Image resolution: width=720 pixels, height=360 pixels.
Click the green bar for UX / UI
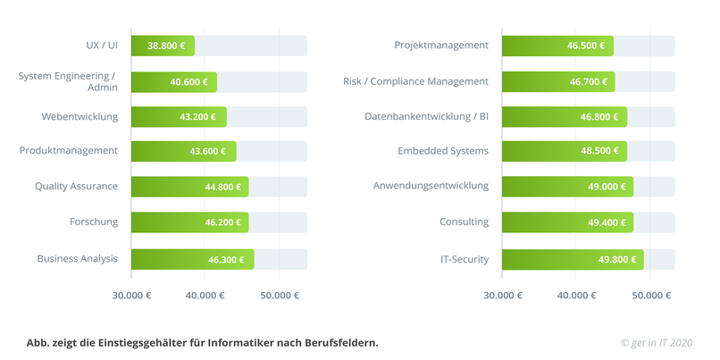162,46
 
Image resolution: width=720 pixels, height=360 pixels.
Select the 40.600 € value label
188,82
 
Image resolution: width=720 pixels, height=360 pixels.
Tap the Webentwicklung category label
80,116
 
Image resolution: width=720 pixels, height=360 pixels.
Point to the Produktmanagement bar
183,151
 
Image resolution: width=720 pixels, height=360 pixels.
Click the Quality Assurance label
76,186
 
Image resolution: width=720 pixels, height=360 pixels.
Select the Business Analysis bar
192,259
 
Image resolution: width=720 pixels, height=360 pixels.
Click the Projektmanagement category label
441,45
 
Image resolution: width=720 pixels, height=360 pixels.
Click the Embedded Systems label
443,151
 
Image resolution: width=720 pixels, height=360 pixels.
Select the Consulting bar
567,222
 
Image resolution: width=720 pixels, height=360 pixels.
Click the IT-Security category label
464,259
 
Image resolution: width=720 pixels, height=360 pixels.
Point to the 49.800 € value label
617,259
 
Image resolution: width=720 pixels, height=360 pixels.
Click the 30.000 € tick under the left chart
130,295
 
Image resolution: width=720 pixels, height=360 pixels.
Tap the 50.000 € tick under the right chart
649,295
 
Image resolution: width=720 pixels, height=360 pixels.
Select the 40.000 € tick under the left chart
205,295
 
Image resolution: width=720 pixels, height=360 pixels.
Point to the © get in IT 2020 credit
657,342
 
